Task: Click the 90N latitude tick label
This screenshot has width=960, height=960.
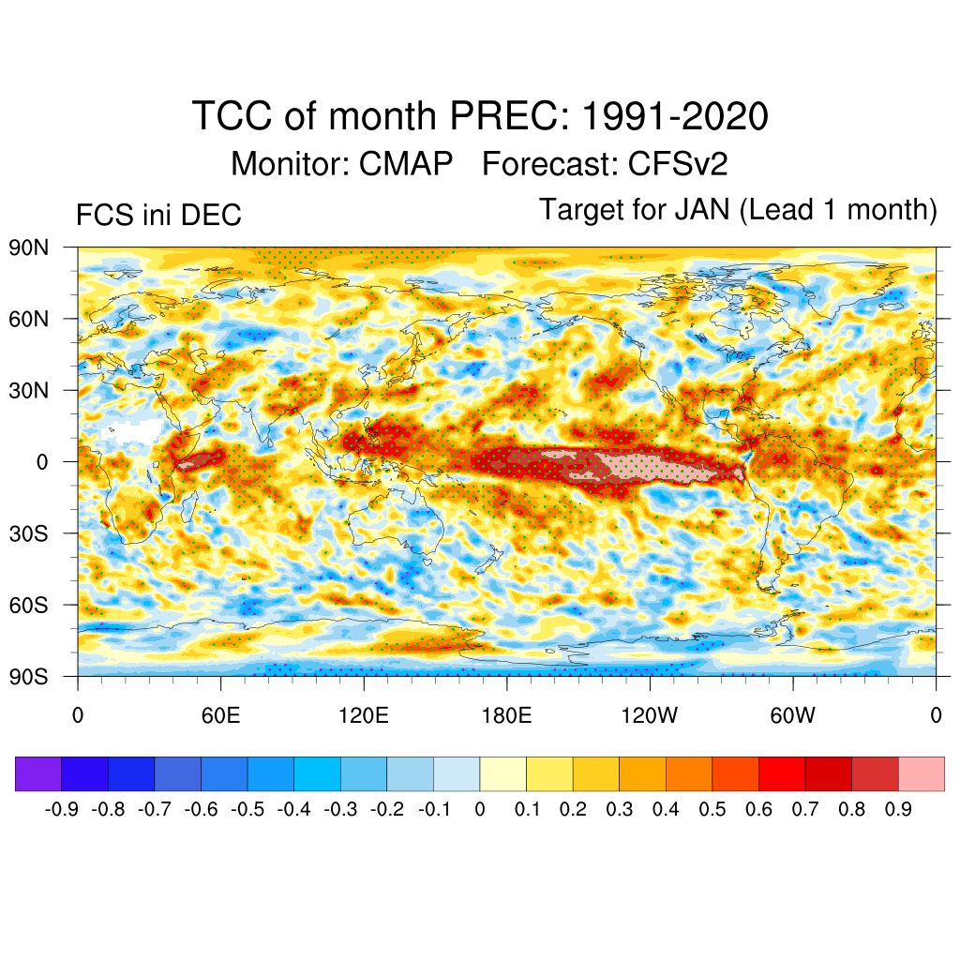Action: point(28,247)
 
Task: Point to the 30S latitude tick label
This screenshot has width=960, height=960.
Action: point(28,533)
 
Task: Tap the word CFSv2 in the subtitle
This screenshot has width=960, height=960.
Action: point(678,164)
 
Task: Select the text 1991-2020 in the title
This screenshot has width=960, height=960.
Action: point(675,117)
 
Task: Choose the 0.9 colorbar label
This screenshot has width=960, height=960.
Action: point(898,809)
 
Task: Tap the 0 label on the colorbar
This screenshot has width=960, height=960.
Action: point(480,809)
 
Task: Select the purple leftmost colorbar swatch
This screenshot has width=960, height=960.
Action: point(38,774)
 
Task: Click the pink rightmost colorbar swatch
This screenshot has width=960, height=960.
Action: point(921,774)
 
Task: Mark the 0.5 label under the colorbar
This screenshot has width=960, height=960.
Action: point(712,809)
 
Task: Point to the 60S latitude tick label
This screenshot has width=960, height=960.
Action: point(28,605)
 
